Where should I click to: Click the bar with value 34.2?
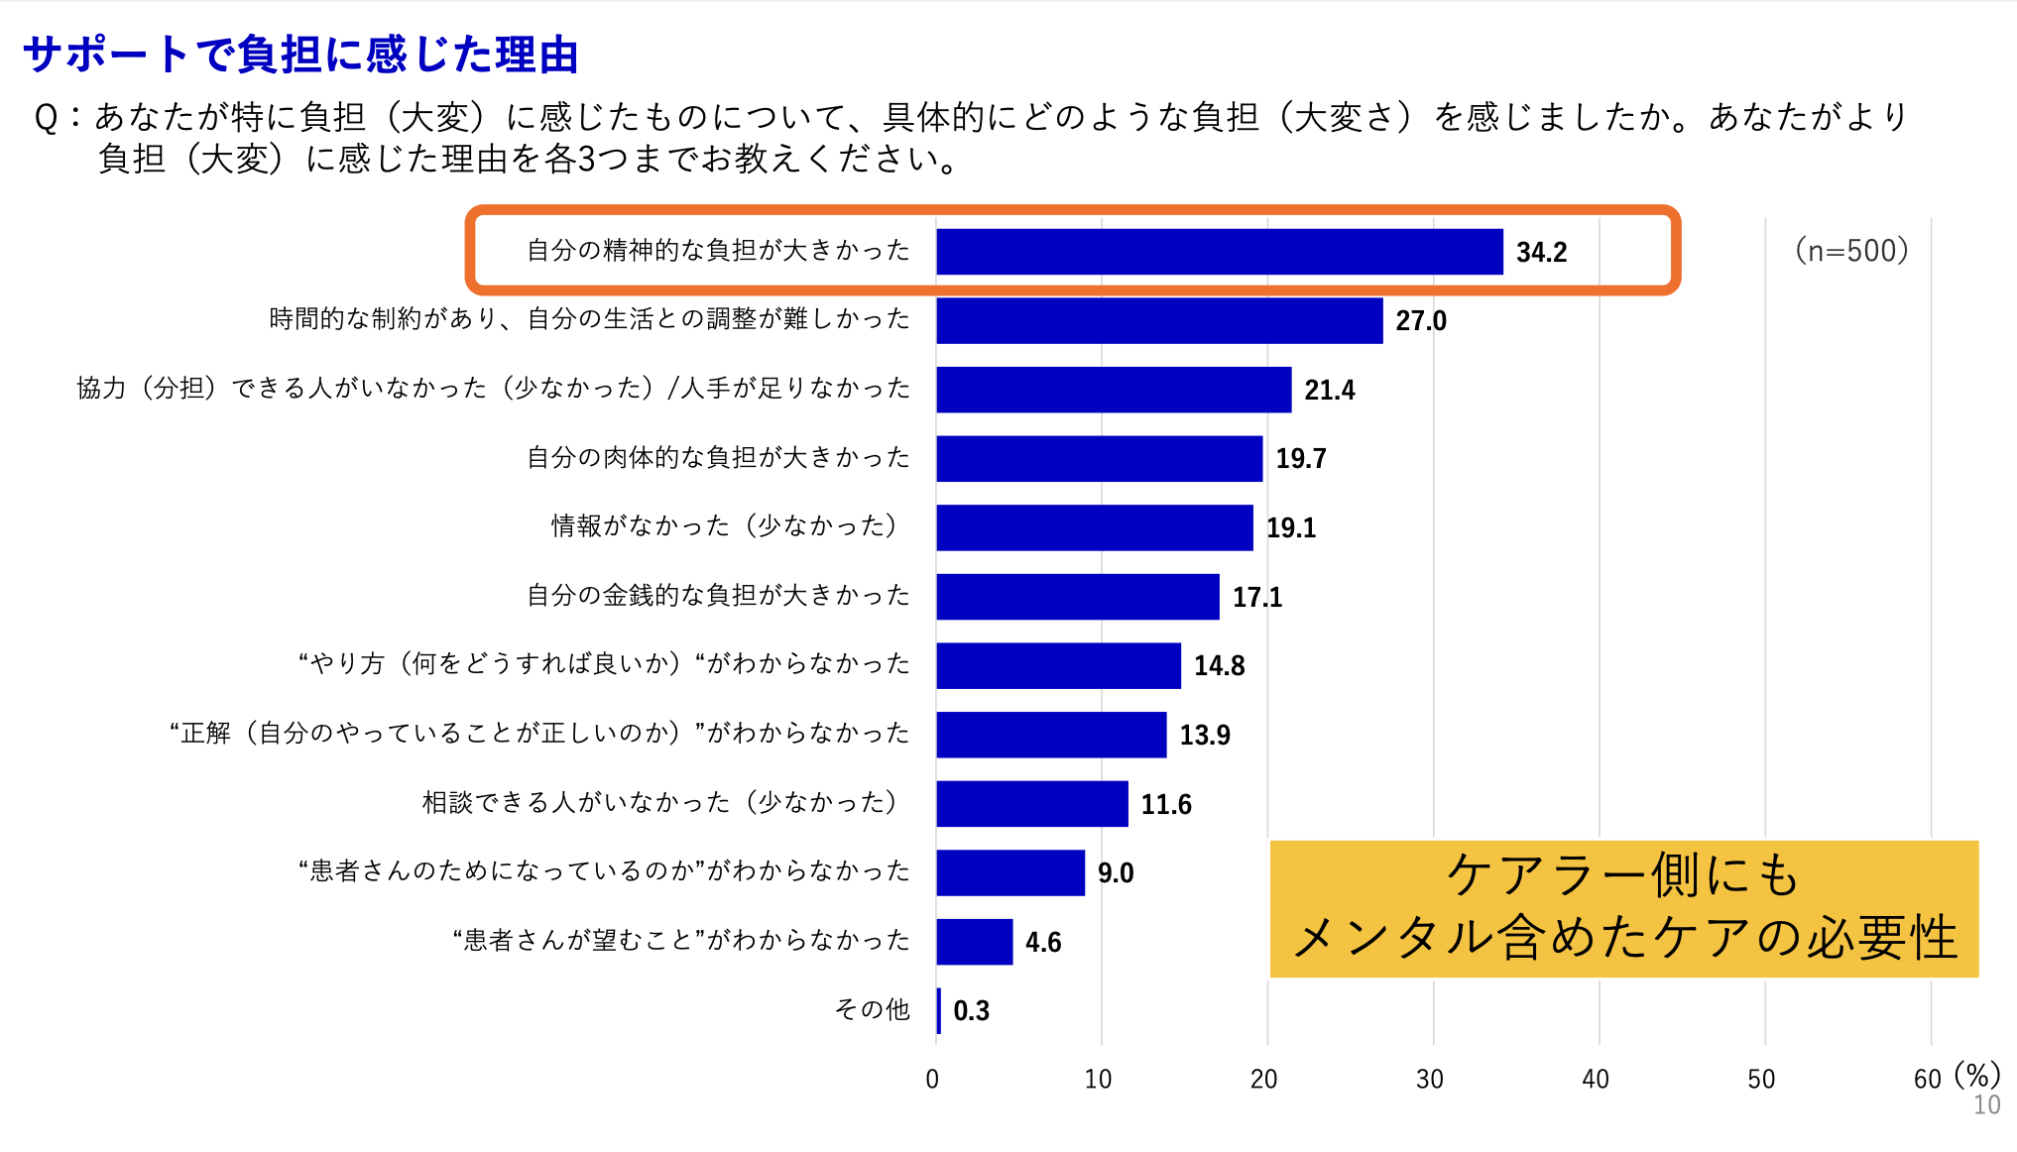pyautogui.click(x=1219, y=252)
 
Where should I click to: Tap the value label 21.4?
pyautogui.click(x=1329, y=391)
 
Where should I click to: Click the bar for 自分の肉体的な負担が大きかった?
pyautogui.click(x=1099, y=459)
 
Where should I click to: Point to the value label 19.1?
pyautogui.click(x=1290, y=528)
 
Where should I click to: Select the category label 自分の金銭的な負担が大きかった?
pyautogui.click(x=718, y=596)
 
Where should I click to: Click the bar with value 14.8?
pyautogui.click(x=1058, y=666)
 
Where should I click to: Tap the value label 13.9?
pyautogui.click(x=1204, y=736)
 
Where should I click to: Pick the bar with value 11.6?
pyautogui.click(x=1031, y=804)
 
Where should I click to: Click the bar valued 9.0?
pyautogui.click(x=1009, y=873)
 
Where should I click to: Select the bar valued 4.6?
pyautogui.click(x=974, y=942)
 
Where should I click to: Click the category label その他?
pyautogui.click(x=872, y=1009)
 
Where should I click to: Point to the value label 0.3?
pyautogui.click(x=971, y=1011)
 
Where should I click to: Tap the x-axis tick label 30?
pyautogui.click(x=1429, y=1080)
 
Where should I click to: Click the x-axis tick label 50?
pyautogui.click(x=1761, y=1080)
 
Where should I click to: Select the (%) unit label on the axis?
pyautogui.click(x=1977, y=1075)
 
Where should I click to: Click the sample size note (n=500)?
pyautogui.click(x=1851, y=251)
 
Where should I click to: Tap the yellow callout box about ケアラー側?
pyautogui.click(x=1623, y=908)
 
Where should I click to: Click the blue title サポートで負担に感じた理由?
pyautogui.click(x=300, y=55)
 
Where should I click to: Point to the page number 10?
pyautogui.click(x=1986, y=1105)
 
